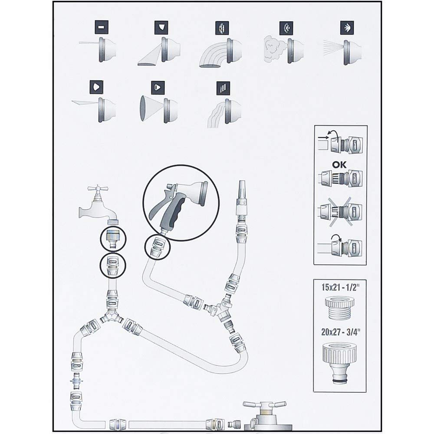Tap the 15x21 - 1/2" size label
340,287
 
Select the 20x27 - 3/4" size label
340,335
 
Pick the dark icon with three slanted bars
223,88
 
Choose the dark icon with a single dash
101,28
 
